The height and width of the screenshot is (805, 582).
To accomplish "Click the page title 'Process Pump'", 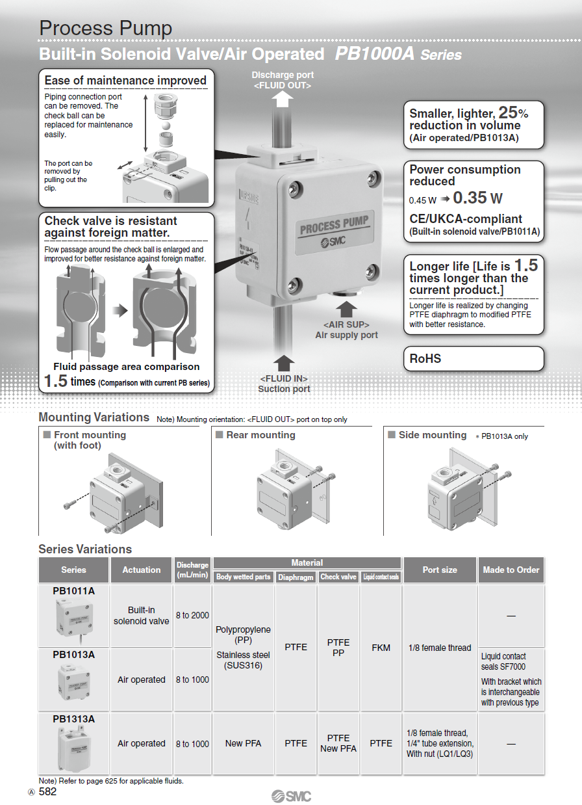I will pos(105,29).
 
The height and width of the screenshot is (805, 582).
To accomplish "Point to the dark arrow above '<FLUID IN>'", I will pos(284,363).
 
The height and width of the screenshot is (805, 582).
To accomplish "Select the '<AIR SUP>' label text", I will pos(346,324).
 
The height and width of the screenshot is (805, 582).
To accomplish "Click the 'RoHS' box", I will pos(474,358).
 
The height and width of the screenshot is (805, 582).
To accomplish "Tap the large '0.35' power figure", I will pos(470,198).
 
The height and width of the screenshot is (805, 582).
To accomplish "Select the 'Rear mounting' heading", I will pos(260,435).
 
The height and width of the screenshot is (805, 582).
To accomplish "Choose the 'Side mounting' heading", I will pos(433,435).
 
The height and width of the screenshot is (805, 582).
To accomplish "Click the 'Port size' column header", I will pos(440,570).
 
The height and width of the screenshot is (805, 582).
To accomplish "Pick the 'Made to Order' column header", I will pos(511,570).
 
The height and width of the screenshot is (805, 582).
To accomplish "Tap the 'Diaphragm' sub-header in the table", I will pos(296,577).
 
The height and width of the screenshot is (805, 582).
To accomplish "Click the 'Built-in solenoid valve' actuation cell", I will pos(141,615).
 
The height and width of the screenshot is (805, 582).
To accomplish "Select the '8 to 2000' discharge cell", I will pos(192,615).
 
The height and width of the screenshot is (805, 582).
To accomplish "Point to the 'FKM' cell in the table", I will pos(381,648).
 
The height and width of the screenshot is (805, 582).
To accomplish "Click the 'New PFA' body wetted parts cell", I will pos(244,743).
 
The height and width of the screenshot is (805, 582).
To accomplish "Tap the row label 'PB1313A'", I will pos(73,719).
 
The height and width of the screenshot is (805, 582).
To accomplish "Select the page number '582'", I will pos(48,791).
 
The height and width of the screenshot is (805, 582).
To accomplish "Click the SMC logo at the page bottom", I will pos(291,796).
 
